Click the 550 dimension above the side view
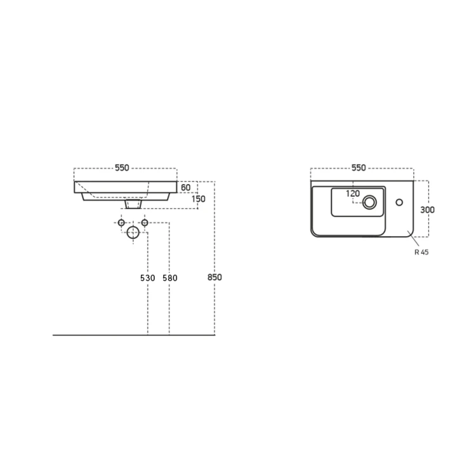pyautogui.click(x=122, y=168)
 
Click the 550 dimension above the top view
pyautogui.click(x=359, y=168)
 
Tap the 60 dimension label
pyautogui.click(x=185, y=188)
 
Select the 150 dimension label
pyautogui.click(x=199, y=199)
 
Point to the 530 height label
pyautogui.click(x=147, y=278)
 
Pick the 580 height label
pyautogui.click(x=170, y=278)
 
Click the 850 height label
pyautogui.click(x=215, y=277)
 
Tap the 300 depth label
pyautogui.click(x=427, y=210)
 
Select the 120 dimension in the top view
pyautogui.click(x=353, y=194)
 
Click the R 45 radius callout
pyautogui.click(x=421, y=252)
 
